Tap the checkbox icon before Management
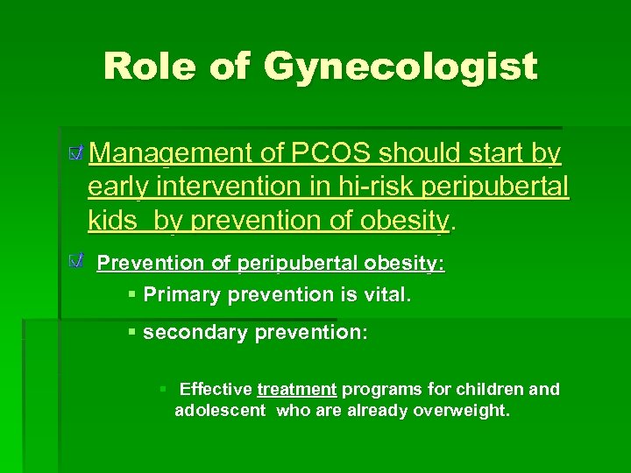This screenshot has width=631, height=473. pos(77,154)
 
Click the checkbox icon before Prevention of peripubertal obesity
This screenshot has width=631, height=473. pos(78,259)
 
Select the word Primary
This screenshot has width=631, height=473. pos(181,294)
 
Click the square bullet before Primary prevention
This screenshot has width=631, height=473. pos(131,294)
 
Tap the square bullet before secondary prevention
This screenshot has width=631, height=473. pos(131,333)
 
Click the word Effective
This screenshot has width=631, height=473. pos(216,389)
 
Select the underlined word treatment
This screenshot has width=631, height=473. pos(297,389)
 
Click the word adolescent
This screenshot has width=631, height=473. pos(220,410)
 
